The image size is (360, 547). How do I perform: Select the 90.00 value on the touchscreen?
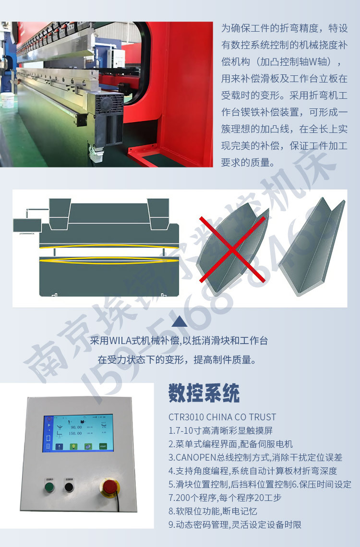point(76,427)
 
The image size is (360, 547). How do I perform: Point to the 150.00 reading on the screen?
point(76,433)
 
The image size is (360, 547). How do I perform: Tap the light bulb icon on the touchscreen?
point(74,446)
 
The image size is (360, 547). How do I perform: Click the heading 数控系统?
point(204,393)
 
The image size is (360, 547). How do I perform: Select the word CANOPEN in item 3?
point(192,457)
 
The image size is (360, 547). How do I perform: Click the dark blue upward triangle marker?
point(179,321)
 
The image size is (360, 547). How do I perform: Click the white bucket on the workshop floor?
point(8,102)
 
